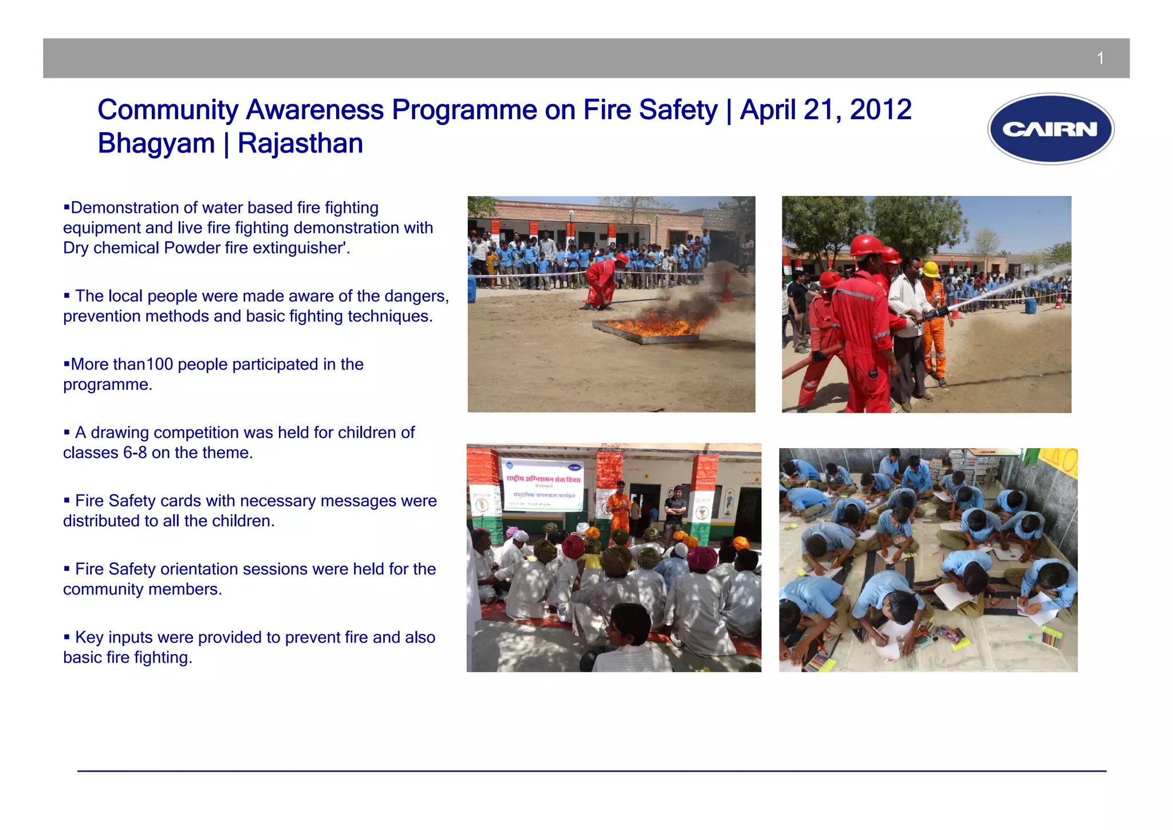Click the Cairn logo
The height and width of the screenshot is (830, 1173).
click(1050, 129)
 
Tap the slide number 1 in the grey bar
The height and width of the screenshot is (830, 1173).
click(1100, 58)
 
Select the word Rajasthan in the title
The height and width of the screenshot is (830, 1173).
click(300, 143)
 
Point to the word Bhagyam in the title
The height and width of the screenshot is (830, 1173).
click(156, 143)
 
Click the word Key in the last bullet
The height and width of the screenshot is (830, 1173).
click(89, 637)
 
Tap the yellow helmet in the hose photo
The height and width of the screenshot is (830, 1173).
click(931, 269)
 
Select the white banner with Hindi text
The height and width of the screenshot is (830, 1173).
click(542, 485)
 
